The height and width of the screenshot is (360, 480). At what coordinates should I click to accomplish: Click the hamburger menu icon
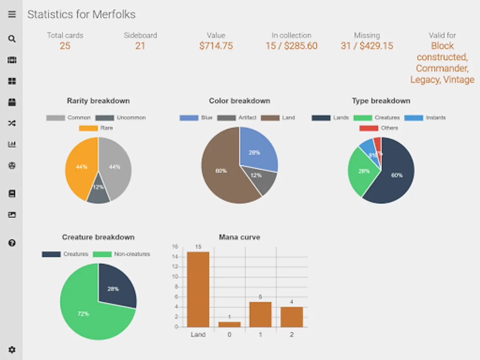(12, 14)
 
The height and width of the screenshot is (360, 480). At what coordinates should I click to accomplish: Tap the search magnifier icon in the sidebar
(12, 39)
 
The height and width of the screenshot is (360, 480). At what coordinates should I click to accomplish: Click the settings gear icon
(12, 350)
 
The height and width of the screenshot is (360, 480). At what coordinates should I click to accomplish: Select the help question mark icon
(12, 243)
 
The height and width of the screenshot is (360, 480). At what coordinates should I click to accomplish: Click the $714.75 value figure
(216, 46)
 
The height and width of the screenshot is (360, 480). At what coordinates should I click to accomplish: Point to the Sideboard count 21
(140, 46)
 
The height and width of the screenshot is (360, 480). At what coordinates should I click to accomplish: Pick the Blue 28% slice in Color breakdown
(256, 150)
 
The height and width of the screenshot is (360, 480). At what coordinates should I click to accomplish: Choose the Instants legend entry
(425, 118)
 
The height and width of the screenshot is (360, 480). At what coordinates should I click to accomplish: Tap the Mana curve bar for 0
(229, 324)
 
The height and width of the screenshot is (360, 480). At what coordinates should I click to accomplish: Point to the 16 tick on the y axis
(175, 247)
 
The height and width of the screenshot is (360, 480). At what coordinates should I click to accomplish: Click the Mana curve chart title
(239, 237)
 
